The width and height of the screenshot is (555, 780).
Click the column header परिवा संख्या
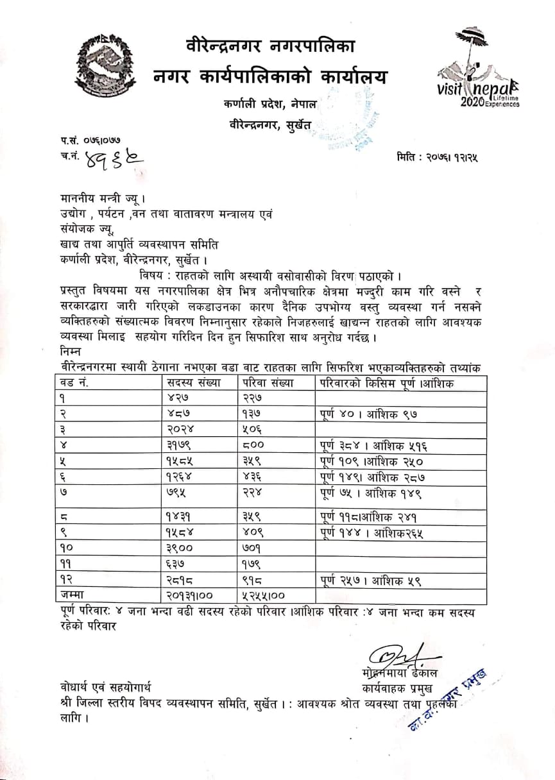click(x=268, y=383)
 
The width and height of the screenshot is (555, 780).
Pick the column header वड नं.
click(x=74, y=383)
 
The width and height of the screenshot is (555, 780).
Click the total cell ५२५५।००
click(x=263, y=596)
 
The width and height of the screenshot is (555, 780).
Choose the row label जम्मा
click(x=71, y=596)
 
